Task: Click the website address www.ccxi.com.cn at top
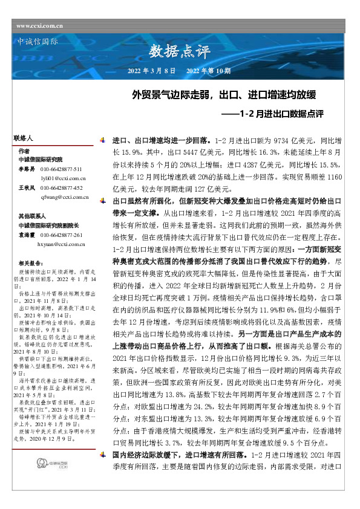tap(41, 26)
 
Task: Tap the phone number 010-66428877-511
tap(61, 169)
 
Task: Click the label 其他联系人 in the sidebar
tap(32, 216)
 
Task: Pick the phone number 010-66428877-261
tap(61, 235)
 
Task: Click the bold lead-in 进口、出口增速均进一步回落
tap(162, 140)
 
